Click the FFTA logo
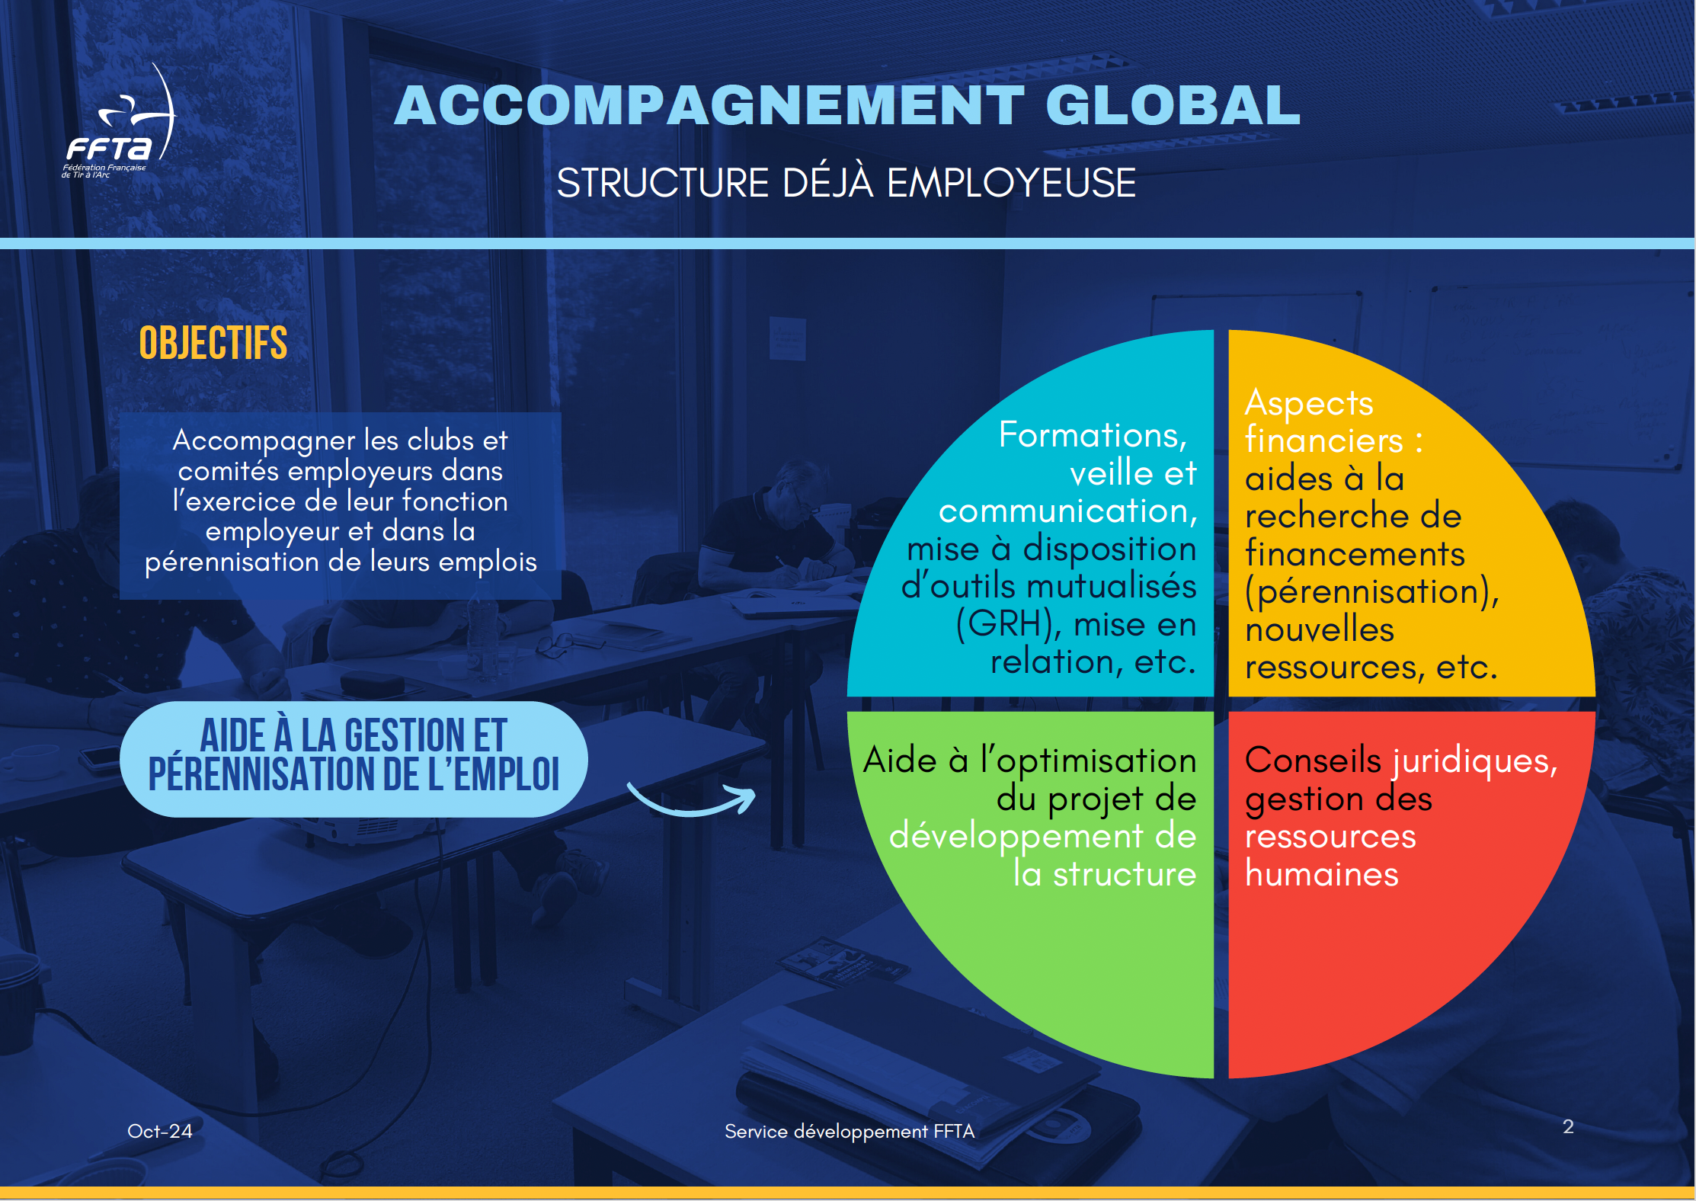pos(118,122)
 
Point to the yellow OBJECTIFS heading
pos(213,343)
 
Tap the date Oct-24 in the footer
pos(159,1131)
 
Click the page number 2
pos(1568,1126)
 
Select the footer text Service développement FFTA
pos(850,1132)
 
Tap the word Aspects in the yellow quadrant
pos(1309,403)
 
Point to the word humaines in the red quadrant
pos(1322,874)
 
